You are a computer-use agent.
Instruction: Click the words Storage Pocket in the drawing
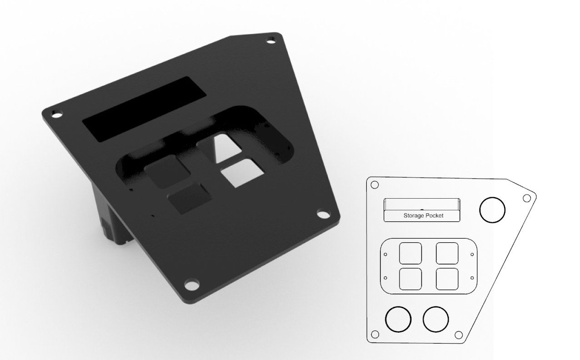pos(423,215)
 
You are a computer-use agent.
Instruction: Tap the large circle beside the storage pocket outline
pos(492,210)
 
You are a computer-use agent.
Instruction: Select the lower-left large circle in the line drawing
pos(398,319)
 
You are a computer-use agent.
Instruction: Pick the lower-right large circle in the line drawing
pos(436,319)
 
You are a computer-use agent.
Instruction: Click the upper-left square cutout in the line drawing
pos(410,253)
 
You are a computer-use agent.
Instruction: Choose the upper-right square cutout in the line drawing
pos(447,253)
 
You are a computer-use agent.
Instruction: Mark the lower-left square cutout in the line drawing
pos(410,279)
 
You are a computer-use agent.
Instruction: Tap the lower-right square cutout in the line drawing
pos(447,279)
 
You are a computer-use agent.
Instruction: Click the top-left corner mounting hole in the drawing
pos(375,185)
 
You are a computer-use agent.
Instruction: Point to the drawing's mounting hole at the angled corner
pos(527,198)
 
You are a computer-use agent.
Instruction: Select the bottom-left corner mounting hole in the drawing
pos(375,335)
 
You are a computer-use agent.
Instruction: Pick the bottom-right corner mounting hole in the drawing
pos(459,335)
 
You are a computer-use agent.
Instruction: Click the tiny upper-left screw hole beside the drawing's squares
pos(386,255)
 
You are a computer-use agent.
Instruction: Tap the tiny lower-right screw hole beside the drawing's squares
pos(472,277)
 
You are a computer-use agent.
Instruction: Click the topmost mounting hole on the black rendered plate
pos(271,41)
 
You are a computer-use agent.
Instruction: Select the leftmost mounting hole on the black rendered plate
pos(56,114)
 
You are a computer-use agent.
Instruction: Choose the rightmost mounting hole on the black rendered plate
pos(323,213)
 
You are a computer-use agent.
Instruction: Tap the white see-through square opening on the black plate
pos(242,173)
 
